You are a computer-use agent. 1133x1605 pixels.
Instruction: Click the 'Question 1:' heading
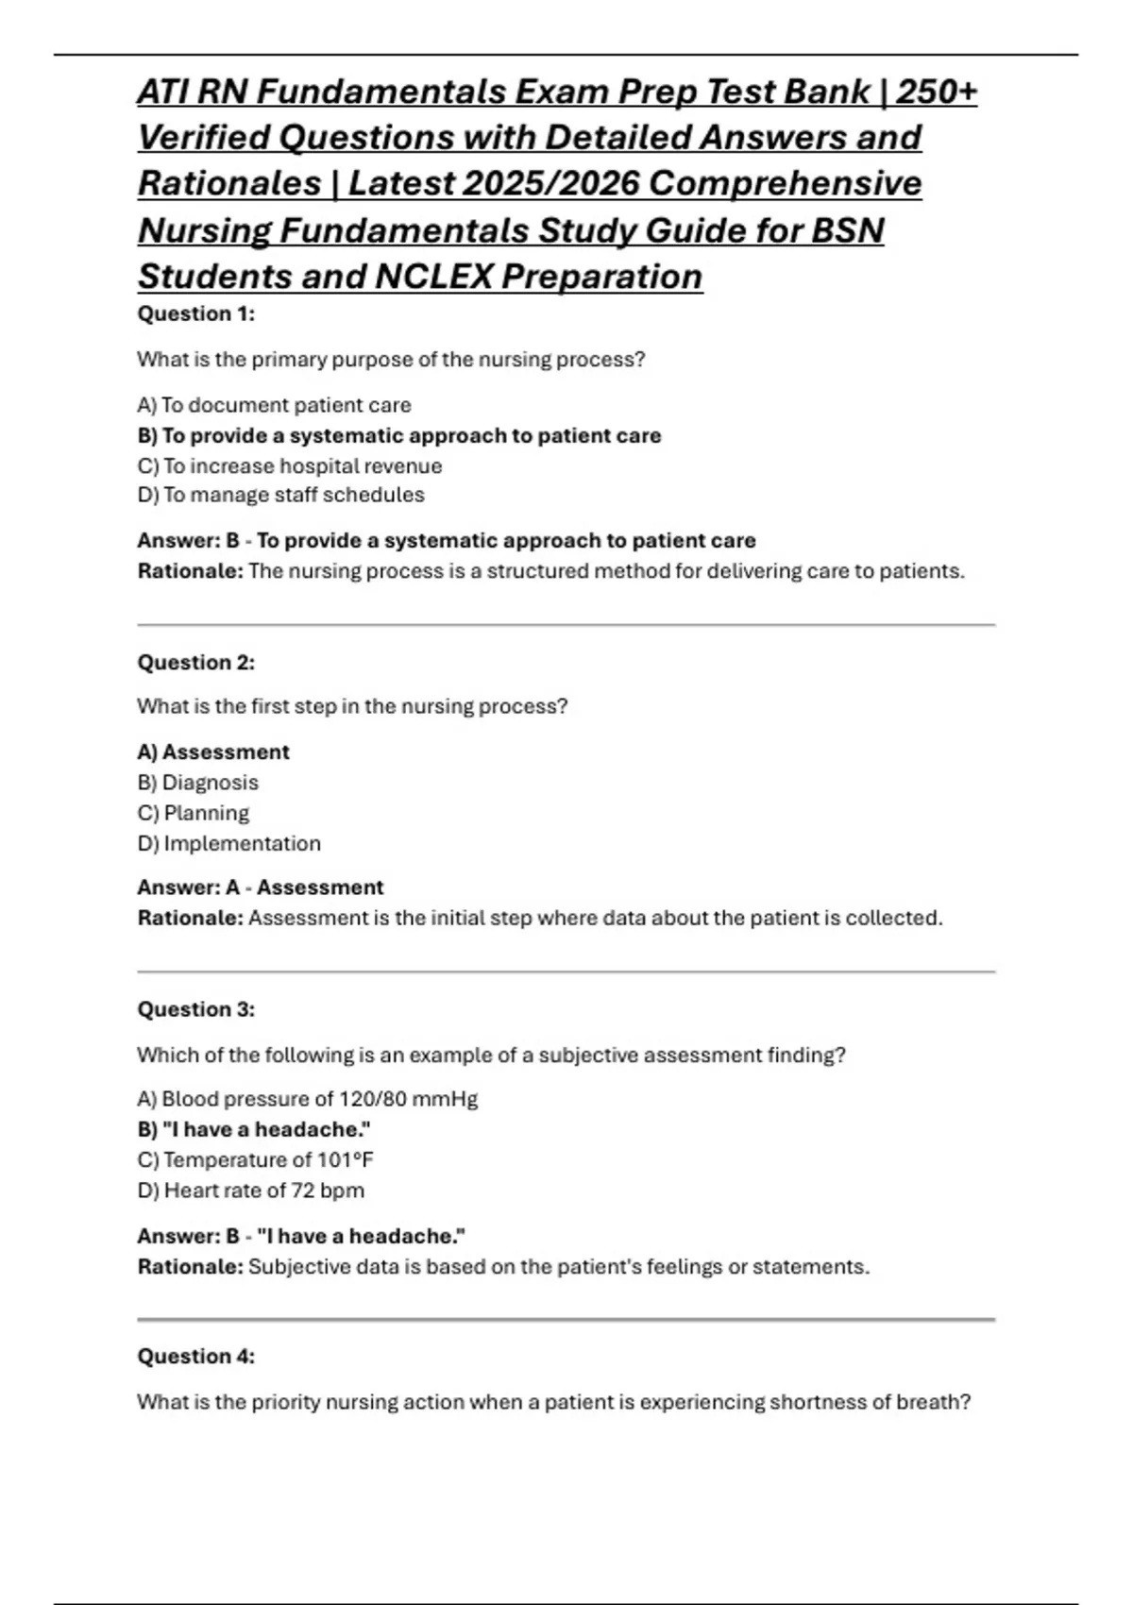tap(196, 314)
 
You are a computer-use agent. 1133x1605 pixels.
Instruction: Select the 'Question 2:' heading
tap(196, 663)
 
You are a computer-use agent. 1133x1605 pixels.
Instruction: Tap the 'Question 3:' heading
tap(196, 1009)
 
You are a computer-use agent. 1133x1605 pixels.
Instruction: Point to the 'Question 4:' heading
tap(196, 1357)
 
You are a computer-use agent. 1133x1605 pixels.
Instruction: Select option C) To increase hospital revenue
tap(290, 466)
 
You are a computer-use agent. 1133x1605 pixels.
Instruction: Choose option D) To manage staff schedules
tap(281, 495)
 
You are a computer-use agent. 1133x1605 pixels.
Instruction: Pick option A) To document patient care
tap(275, 406)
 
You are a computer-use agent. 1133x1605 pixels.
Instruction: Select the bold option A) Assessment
tap(213, 752)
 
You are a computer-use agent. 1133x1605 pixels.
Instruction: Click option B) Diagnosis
tap(198, 783)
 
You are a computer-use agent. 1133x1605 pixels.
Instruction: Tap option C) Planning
tap(194, 813)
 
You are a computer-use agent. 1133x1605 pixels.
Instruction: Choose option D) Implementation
tap(229, 843)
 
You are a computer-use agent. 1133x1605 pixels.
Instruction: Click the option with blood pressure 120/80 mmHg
tap(308, 1099)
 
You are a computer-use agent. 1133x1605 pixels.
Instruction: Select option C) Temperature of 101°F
tap(256, 1159)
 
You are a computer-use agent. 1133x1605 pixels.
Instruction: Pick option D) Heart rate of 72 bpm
tap(251, 1191)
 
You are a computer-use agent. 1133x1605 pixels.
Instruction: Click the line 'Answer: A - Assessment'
tap(261, 887)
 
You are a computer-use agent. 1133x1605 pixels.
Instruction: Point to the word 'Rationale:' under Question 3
tap(191, 1267)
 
